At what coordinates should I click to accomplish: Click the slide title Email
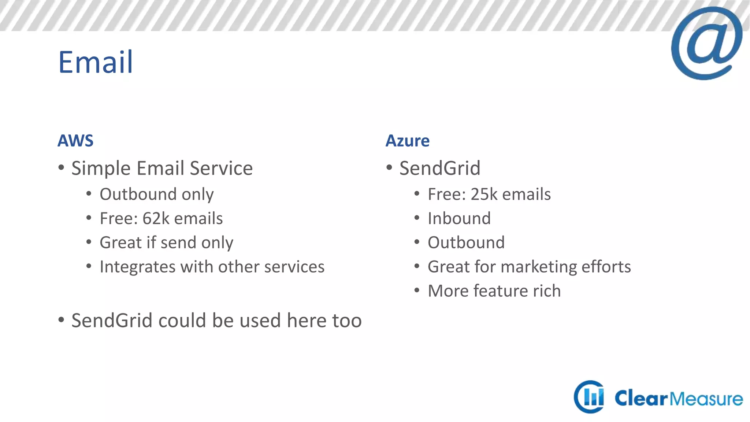96,62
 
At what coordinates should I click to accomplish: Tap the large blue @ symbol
706,43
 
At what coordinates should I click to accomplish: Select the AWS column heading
75,141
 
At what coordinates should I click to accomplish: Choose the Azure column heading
407,141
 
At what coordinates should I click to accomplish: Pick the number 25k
484,195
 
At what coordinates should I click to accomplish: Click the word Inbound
459,219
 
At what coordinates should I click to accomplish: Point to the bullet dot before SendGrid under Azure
389,168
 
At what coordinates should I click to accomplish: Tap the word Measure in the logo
706,399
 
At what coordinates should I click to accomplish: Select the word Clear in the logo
641,399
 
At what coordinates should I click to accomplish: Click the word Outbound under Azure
466,243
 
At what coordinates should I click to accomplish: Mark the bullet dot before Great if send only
89,242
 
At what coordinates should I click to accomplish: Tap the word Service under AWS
221,169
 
